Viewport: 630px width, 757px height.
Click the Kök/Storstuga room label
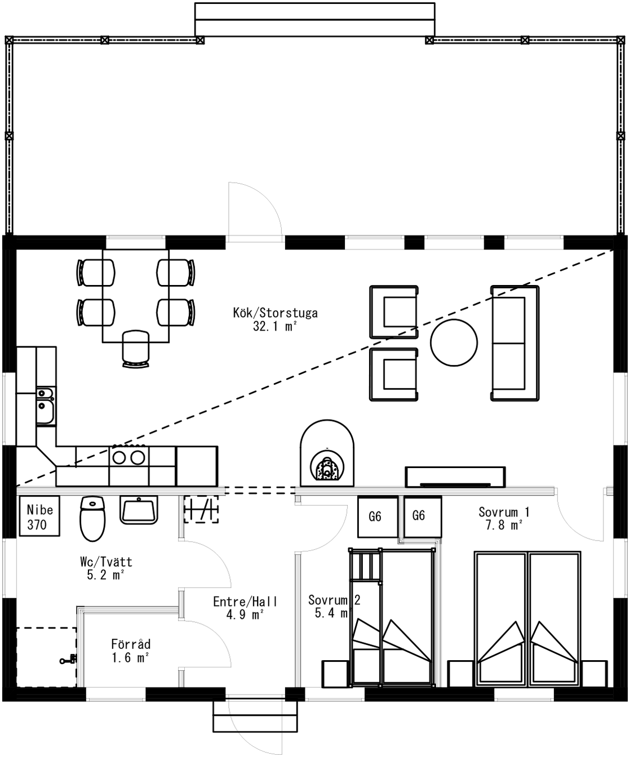tap(276, 313)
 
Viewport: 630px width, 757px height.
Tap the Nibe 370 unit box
tap(39, 516)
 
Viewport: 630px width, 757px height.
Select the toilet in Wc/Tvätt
tap(92, 518)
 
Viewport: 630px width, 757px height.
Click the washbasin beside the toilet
tap(139, 510)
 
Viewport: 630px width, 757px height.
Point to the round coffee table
tap(454, 342)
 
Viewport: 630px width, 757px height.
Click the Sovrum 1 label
tap(504, 512)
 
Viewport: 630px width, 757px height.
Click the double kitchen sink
tap(46, 406)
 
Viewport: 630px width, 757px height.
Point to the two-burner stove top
tap(128, 457)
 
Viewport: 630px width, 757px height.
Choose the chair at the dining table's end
tap(136, 349)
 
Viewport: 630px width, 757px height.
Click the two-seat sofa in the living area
tap(515, 343)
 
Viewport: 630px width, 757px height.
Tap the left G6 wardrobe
tap(378, 516)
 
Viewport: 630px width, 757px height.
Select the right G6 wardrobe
tap(423, 516)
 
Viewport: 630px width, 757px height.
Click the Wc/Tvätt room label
tap(107, 562)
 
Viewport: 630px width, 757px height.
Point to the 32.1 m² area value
tap(275, 326)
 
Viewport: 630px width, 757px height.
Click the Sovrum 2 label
tap(334, 600)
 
